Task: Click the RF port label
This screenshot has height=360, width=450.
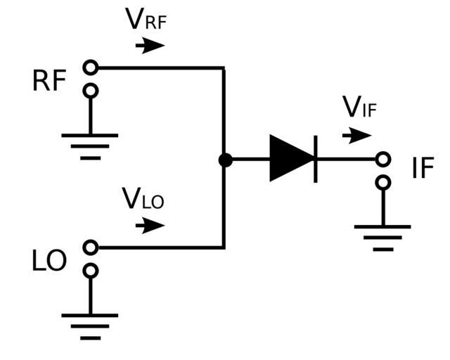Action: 49,82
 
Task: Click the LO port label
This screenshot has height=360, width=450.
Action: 49,261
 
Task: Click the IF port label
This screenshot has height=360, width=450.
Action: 423,169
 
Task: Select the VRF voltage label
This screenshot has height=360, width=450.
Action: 146,20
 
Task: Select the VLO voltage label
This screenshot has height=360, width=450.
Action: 143,199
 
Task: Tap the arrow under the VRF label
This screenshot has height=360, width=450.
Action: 150,46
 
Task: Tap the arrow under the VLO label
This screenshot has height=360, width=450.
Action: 150,226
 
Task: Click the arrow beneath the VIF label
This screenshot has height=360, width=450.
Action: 358,135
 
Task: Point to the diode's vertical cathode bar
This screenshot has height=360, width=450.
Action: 316,160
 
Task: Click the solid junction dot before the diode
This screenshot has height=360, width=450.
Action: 225,160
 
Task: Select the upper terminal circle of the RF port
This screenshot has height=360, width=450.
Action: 90,67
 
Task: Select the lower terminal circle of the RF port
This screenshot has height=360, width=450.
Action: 90,91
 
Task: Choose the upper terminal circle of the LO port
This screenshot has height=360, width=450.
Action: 90,247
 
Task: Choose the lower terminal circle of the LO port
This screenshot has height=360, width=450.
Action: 90,271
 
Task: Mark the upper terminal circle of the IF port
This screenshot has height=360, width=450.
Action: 382,160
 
